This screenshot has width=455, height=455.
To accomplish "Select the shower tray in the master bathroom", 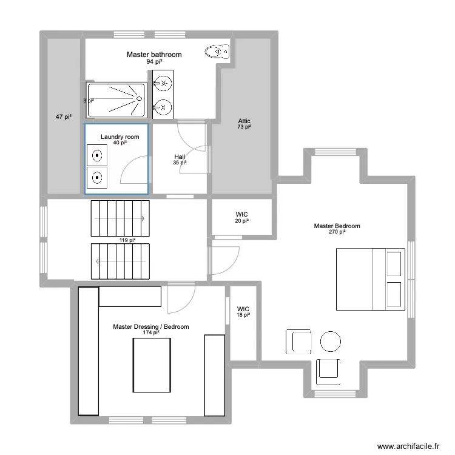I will click(117, 100).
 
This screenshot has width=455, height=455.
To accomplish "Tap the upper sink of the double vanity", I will click(162, 81).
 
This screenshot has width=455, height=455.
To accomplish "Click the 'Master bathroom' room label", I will click(154, 55).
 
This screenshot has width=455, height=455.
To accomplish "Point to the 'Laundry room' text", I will click(120, 137).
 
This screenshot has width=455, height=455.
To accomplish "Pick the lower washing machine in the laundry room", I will click(96, 178).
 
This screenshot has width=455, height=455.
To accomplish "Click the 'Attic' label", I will click(244, 121).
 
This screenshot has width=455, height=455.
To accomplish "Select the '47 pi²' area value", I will click(64, 116).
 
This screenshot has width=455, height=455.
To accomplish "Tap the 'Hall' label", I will click(180, 157).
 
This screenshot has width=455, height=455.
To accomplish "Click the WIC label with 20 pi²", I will click(242, 215).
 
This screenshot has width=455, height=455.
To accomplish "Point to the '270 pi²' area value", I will click(337, 232).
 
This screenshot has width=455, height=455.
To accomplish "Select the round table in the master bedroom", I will click(331, 341).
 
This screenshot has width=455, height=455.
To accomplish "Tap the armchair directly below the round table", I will click(328, 369).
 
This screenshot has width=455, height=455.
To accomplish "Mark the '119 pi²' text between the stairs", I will click(127, 240).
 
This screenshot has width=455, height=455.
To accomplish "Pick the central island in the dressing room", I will click(150, 364).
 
